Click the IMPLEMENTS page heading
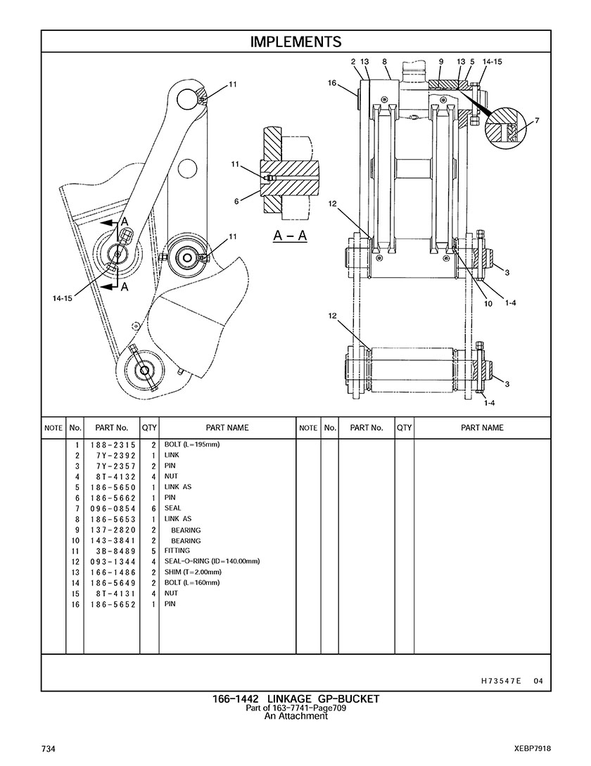[x=295, y=42]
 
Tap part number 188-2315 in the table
[x=113, y=445]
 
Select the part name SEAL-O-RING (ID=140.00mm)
[x=212, y=561]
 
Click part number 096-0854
[x=113, y=509]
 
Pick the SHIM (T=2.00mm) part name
[x=193, y=572]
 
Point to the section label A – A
[x=290, y=236]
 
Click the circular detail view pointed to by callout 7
[x=504, y=125]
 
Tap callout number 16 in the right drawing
[x=332, y=83]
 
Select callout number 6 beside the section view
[x=236, y=201]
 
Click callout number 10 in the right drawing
[x=488, y=303]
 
